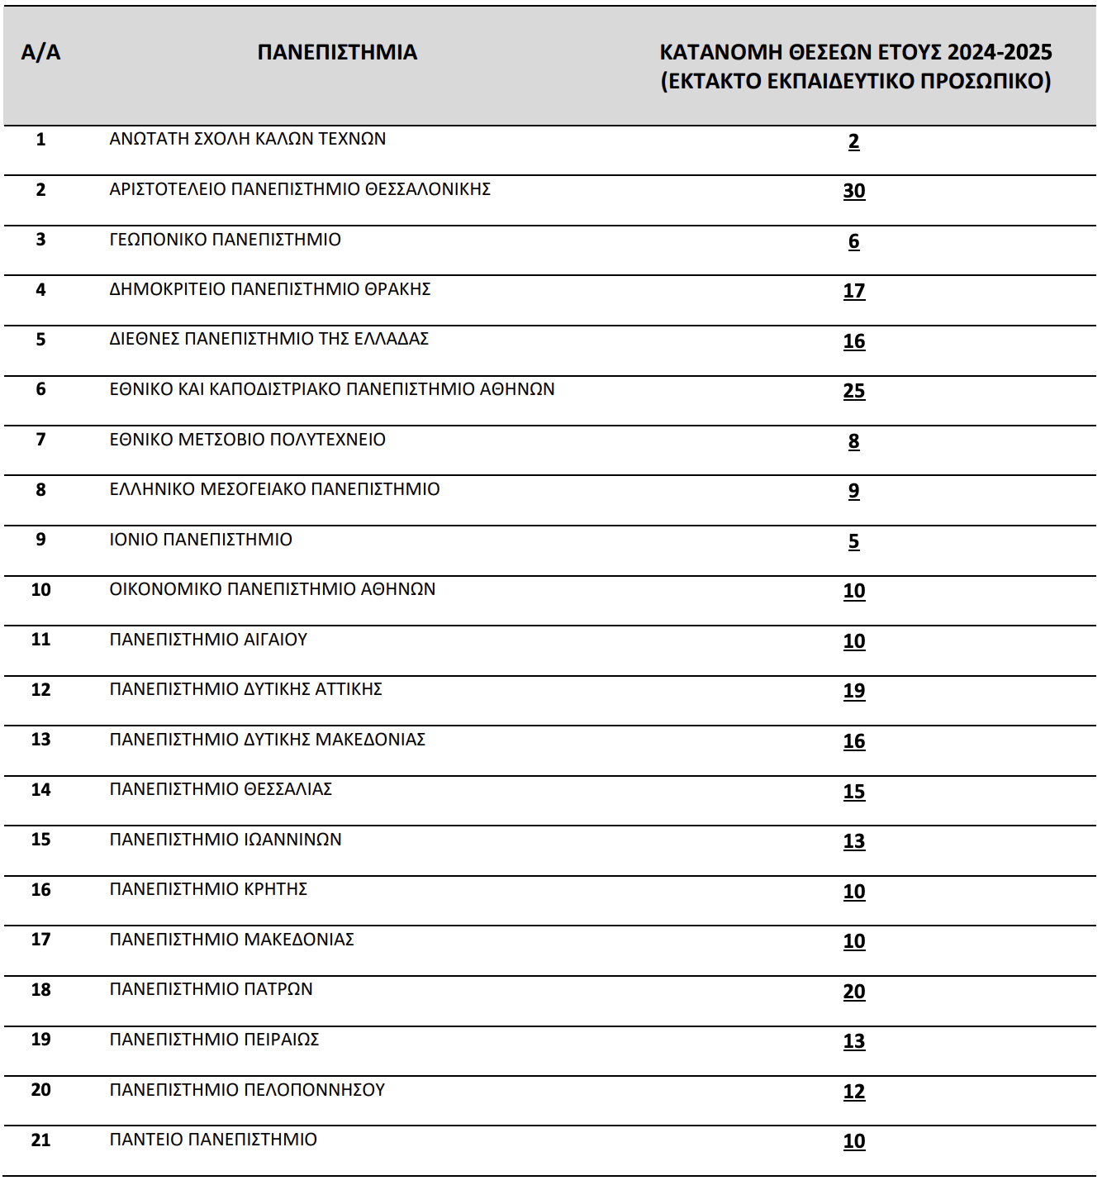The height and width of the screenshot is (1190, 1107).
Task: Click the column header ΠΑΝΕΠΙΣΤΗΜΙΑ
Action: click(x=337, y=53)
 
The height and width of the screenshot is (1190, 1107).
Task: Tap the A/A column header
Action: click(x=40, y=53)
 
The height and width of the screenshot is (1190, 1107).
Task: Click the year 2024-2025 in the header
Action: click(x=1000, y=53)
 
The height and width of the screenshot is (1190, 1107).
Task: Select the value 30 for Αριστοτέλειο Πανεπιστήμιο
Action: click(x=854, y=191)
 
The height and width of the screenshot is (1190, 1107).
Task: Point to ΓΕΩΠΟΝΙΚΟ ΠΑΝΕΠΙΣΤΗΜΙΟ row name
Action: click(x=225, y=240)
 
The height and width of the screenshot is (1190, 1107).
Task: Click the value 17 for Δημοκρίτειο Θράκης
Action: click(x=854, y=291)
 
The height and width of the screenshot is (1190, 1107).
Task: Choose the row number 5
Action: click(x=40, y=340)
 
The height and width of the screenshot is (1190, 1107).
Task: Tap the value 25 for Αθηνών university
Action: click(x=854, y=391)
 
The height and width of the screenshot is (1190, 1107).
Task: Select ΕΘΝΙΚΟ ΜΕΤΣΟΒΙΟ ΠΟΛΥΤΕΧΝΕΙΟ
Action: click(x=247, y=440)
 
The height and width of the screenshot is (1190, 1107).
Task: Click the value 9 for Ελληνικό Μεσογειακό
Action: click(x=854, y=491)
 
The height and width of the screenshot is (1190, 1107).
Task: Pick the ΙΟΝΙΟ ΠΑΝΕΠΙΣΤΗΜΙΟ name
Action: click(x=201, y=540)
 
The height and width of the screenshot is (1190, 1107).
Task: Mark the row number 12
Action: click(x=40, y=690)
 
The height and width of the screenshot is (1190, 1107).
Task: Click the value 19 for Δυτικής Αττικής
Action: click(x=854, y=691)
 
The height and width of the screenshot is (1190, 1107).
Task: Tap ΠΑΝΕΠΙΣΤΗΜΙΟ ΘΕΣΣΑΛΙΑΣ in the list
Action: click(x=221, y=789)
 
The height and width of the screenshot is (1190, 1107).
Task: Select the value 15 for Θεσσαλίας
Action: click(x=854, y=792)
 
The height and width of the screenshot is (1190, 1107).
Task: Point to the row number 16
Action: click(x=40, y=890)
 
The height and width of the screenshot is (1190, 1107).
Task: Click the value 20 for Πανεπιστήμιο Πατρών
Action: click(x=854, y=992)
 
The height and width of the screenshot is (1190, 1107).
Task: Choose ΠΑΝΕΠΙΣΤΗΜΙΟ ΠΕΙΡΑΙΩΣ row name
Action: click(x=214, y=1040)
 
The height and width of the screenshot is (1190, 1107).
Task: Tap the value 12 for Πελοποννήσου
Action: click(x=854, y=1092)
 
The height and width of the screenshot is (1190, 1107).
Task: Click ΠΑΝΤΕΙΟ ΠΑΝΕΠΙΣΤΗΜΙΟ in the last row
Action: click(x=213, y=1140)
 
